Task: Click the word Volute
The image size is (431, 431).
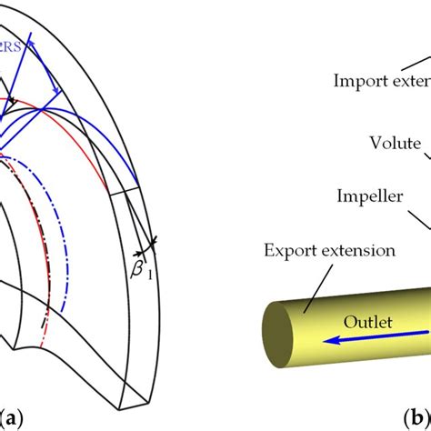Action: (393, 142)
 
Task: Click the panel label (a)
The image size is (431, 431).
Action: (14, 417)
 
